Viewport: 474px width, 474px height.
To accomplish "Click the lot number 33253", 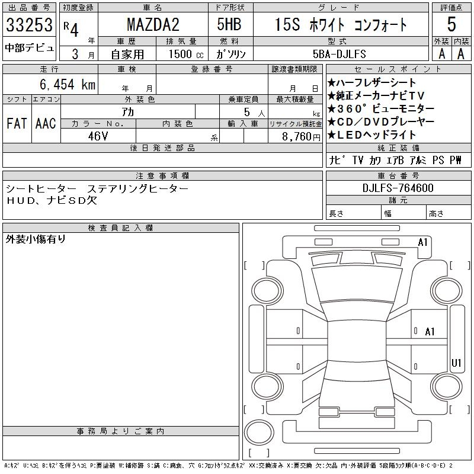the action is click(x=29, y=25).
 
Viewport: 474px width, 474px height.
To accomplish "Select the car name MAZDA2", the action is click(x=153, y=25).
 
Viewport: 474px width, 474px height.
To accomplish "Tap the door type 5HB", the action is click(x=229, y=24).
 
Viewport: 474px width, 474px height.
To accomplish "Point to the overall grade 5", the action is click(x=451, y=24).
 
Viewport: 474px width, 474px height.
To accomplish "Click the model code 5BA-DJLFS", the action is click(x=340, y=54).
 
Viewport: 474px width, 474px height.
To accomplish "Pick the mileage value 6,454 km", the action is click(x=68, y=84).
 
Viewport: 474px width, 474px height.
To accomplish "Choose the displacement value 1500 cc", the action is click(x=186, y=54).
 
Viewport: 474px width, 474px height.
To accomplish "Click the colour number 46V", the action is click(x=98, y=136).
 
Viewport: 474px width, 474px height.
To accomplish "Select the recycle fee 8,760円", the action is click(x=301, y=137).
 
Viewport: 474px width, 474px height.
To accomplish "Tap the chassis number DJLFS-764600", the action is click(x=398, y=188).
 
